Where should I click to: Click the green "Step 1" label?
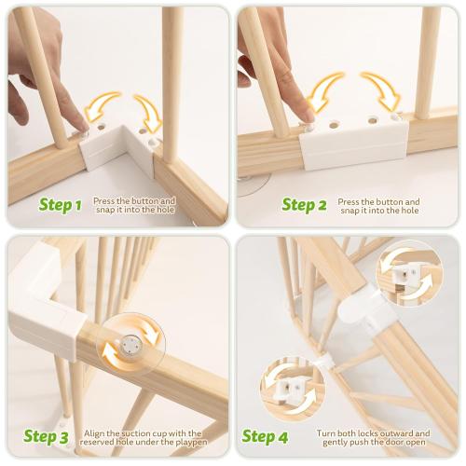(61, 204)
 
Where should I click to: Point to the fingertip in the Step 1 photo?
(79, 118)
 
